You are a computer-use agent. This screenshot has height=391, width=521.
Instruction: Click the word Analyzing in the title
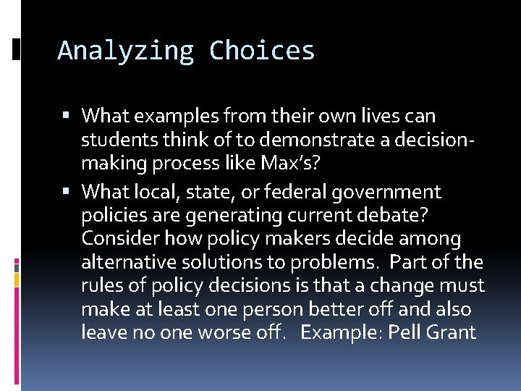(x=125, y=51)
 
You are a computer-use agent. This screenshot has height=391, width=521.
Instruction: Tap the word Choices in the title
(x=262, y=51)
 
